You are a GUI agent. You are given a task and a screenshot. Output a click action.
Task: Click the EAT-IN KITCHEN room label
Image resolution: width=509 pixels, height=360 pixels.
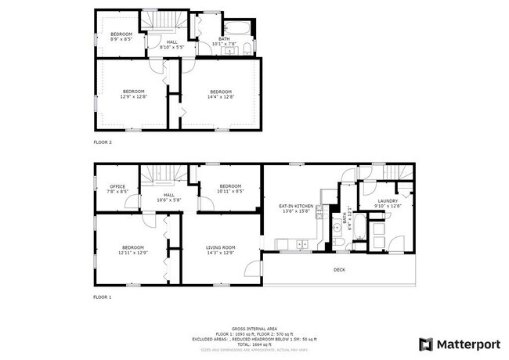[x=297, y=207]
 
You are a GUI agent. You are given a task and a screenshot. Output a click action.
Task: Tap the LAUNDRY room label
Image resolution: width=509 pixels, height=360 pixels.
[x=388, y=203]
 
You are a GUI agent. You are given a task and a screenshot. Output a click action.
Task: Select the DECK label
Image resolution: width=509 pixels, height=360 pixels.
[x=338, y=270]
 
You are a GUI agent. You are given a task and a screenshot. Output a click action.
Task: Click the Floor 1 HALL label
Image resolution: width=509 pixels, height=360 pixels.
[x=169, y=196]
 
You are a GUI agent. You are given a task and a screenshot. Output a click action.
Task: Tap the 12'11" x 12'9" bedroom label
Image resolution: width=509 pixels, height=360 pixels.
[x=132, y=250]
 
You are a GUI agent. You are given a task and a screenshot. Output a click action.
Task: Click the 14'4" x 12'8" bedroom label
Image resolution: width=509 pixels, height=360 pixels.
[x=220, y=94]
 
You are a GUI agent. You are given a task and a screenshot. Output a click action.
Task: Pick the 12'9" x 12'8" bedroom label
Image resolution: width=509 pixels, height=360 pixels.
[x=132, y=94]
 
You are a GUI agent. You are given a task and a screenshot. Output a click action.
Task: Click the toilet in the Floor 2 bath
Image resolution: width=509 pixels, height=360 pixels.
[x=247, y=49]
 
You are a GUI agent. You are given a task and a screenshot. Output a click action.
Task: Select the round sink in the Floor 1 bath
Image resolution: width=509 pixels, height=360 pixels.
[x=338, y=229]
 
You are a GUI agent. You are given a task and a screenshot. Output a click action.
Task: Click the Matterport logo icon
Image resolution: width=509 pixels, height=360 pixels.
[x=426, y=344]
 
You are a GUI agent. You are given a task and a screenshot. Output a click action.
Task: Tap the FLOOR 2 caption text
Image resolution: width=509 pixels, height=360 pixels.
[x=103, y=142]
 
